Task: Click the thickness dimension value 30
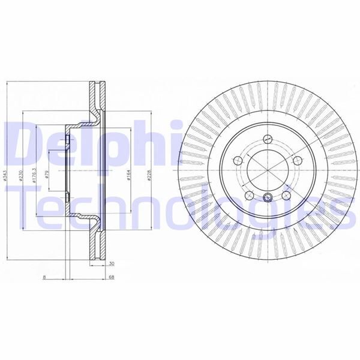point(112,263)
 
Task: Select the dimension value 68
point(112,277)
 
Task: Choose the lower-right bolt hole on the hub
point(286,196)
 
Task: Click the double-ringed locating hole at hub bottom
point(268,200)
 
